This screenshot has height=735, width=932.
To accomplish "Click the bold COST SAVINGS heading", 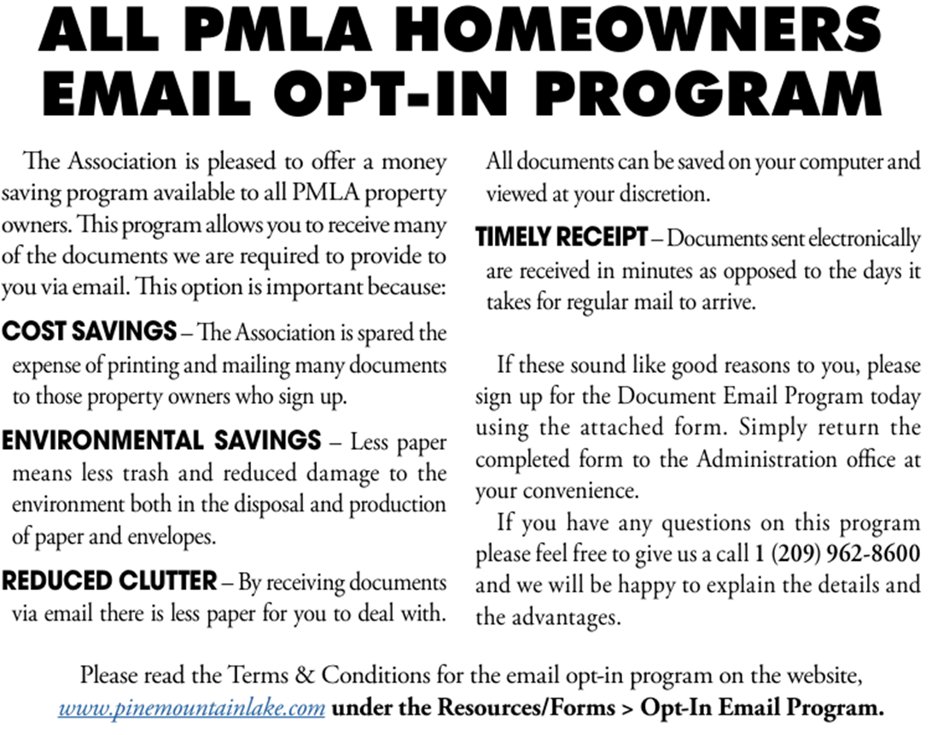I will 90,332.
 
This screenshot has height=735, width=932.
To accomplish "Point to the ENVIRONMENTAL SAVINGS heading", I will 161,441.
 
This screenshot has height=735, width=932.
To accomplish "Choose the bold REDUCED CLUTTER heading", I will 109,582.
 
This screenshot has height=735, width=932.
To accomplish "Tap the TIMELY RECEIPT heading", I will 562,238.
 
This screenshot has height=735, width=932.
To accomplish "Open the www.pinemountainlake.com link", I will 192,708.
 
